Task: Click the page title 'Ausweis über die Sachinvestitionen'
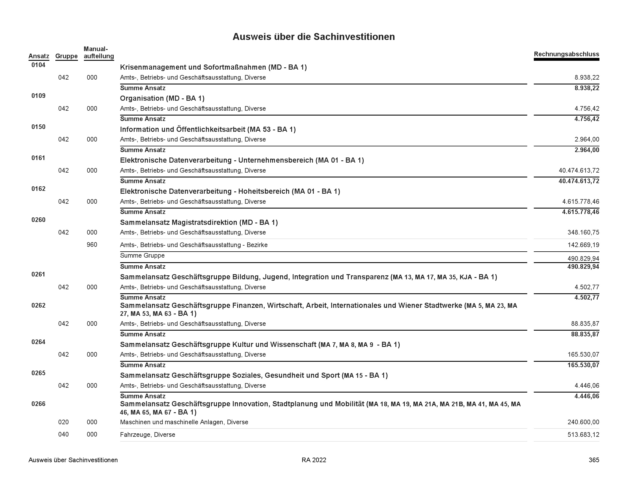(313, 37)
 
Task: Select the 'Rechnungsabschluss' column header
(566, 54)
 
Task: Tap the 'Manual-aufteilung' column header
(99, 52)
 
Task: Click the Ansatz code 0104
(38, 65)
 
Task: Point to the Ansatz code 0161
(38, 158)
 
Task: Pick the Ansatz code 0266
(38, 404)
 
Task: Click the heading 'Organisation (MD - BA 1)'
(162, 98)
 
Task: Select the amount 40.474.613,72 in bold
(579, 181)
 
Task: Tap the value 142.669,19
(583, 245)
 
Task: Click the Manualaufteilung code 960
(92, 245)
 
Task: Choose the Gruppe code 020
(63, 422)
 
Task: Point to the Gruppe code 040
(63, 435)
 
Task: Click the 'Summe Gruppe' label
(142, 255)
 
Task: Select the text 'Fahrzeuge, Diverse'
(148, 435)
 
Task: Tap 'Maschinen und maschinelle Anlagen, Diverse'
(184, 422)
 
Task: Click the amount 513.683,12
(583, 435)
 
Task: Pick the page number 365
(594, 460)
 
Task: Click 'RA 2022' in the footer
(314, 460)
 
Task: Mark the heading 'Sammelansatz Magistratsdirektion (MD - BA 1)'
(199, 223)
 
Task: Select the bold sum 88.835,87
(585, 334)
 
